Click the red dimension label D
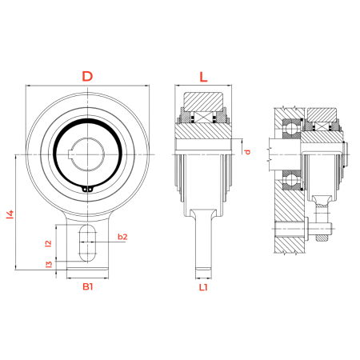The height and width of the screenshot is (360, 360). coord(87,76)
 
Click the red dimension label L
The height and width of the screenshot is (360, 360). coord(203,77)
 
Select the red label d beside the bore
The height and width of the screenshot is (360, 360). coord(247,152)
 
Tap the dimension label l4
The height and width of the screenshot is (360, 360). coord(10,214)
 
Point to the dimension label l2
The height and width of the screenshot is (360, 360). coord(49,243)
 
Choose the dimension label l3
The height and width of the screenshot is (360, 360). coord(49,264)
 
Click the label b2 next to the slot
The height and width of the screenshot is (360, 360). coord(122,237)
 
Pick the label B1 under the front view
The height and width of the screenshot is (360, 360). coord(88,286)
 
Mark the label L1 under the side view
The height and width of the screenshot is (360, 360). coord(203,287)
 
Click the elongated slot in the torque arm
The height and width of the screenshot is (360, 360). coord(88,242)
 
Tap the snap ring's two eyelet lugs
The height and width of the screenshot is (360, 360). coord(88,190)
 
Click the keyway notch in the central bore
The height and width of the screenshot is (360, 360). coord(70,154)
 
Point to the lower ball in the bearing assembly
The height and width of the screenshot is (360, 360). coord(291,181)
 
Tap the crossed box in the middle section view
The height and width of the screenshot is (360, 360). coord(203,118)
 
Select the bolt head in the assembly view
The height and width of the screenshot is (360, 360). coord(306,228)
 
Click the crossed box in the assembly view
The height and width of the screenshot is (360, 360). coord(321,126)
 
